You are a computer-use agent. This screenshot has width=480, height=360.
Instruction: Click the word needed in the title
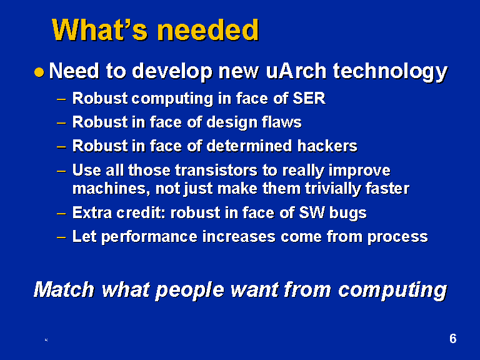coord(208,30)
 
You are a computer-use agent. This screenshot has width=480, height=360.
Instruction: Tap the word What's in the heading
coord(100,30)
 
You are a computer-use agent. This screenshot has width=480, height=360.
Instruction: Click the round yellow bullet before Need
coord(39,72)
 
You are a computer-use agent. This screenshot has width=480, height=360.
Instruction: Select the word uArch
coord(296,71)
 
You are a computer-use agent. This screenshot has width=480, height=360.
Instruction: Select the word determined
coord(249,146)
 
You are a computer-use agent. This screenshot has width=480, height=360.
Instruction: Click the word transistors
coord(216,170)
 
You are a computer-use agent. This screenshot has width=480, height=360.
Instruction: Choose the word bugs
coord(347,213)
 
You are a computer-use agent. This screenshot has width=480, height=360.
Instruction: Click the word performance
coord(149,237)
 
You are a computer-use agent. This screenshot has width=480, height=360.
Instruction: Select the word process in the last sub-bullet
coord(397,237)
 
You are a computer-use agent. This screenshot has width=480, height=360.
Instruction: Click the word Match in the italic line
coord(64,289)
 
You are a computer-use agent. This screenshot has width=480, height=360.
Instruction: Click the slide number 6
coord(452,339)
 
